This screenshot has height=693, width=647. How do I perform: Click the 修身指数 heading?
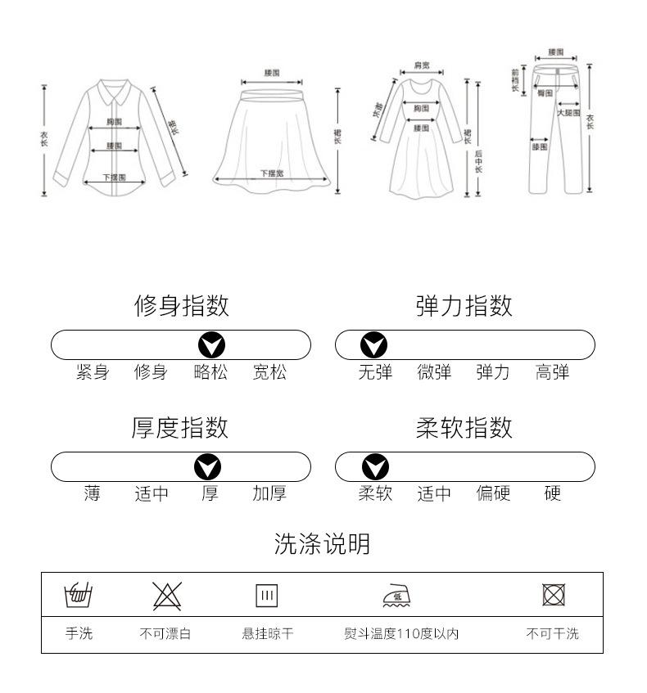(x=181, y=306)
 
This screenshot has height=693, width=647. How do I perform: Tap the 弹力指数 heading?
(x=464, y=306)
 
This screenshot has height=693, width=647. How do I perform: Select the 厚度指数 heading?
(x=180, y=427)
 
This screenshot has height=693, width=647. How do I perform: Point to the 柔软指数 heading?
(x=464, y=427)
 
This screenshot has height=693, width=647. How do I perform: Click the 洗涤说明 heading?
(x=322, y=544)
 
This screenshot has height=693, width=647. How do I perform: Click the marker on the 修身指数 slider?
(x=210, y=345)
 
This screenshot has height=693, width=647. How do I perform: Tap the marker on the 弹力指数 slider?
(x=375, y=345)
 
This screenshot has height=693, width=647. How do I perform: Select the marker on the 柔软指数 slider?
(x=375, y=467)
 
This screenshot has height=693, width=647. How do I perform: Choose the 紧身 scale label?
(x=93, y=373)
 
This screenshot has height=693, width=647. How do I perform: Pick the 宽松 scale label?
(x=269, y=373)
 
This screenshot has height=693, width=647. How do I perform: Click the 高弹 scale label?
(x=552, y=373)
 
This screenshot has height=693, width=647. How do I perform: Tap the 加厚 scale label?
(x=269, y=494)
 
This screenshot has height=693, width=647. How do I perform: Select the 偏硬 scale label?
(x=493, y=494)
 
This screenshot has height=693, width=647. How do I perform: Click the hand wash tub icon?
(x=79, y=595)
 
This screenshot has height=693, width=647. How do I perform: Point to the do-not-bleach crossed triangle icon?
(x=167, y=596)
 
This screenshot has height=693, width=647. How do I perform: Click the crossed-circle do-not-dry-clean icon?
(x=554, y=595)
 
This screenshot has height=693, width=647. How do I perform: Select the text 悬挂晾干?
(x=267, y=634)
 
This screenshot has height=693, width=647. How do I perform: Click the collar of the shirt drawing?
(x=115, y=88)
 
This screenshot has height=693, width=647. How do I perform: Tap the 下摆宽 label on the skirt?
(x=272, y=173)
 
